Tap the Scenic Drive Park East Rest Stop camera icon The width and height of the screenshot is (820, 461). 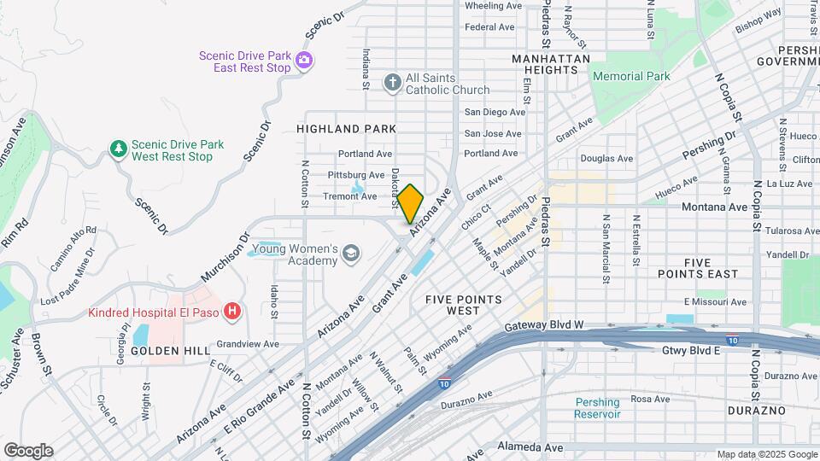tap(305, 61)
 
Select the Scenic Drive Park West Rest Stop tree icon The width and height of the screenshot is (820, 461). tap(118, 150)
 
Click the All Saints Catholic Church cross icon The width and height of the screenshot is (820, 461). tap(392, 83)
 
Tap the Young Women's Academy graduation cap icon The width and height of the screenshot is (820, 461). tap(351, 254)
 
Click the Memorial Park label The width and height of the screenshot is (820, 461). tap(631, 76)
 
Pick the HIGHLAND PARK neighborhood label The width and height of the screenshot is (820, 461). tap(346, 129)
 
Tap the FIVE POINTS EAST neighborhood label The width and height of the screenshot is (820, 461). tap(698, 268)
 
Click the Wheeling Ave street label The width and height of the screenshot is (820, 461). tap(492, 5)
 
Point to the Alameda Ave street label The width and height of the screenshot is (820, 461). tap(530, 447)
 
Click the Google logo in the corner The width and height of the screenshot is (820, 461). tap(28, 450)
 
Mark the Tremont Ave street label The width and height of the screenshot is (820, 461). tap(349, 196)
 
